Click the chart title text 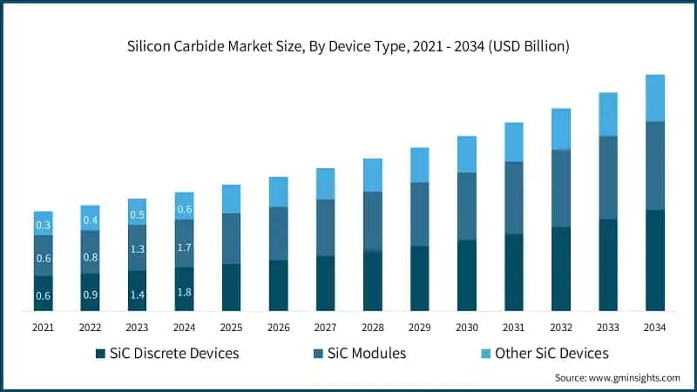[x=348, y=46]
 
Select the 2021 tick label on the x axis [x=44, y=327]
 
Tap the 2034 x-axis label [x=654, y=327]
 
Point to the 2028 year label [x=373, y=327]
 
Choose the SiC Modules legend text [x=366, y=354]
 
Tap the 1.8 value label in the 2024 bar [x=184, y=293]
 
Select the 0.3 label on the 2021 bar [x=44, y=226]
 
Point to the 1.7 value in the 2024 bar [x=184, y=247]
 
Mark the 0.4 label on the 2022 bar [x=91, y=220]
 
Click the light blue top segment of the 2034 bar [x=654, y=98]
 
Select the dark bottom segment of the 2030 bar [x=467, y=275]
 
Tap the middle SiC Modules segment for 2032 [x=561, y=188]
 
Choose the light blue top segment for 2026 [x=278, y=192]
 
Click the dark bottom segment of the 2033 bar [x=608, y=265]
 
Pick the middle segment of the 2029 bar [x=420, y=214]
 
